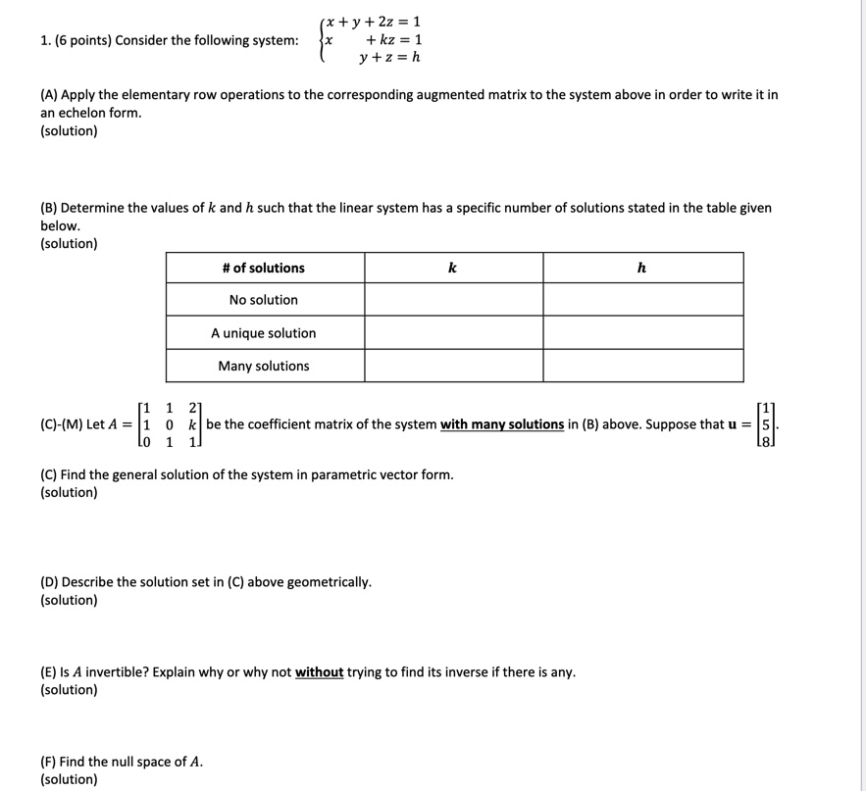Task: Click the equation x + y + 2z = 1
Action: coord(374,22)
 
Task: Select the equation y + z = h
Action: coord(389,57)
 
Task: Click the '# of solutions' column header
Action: coord(264,268)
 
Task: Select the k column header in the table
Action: coord(452,268)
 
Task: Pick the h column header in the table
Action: coord(641,268)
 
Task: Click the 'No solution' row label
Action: coord(264,300)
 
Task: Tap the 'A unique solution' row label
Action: coord(264,333)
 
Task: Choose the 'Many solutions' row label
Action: coord(264,366)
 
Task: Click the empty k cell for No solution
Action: coord(453,300)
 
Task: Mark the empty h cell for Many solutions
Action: coord(642,366)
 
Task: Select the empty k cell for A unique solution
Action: coord(453,333)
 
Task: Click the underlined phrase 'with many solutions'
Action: coord(502,424)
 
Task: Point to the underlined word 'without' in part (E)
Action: coord(320,672)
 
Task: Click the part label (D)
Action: coord(49,582)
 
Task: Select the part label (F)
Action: coord(48,762)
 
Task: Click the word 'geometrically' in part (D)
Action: coord(327,582)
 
